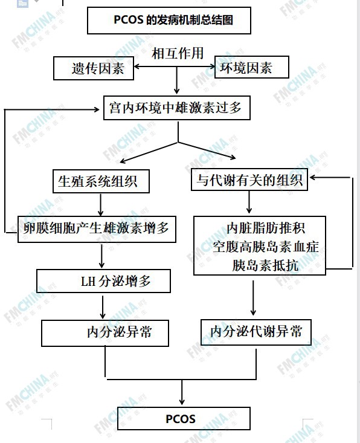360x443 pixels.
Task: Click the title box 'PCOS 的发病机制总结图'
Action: (x=169, y=21)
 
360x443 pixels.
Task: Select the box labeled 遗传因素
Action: (x=94, y=68)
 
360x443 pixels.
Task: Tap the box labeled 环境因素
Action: (x=252, y=67)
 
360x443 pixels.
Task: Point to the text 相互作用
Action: (x=178, y=53)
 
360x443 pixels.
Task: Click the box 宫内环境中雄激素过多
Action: (x=177, y=108)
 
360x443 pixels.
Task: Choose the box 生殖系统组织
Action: (x=101, y=181)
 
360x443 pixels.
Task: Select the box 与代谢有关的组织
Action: (x=249, y=179)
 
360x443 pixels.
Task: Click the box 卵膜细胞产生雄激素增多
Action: (x=97, y=229)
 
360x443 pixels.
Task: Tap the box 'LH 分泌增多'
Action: (x=103, y=281)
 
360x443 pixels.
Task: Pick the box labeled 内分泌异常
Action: (x=105, y=333)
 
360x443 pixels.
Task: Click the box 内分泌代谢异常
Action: (x=256, y=332)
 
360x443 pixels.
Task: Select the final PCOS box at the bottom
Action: (x=184, y=418)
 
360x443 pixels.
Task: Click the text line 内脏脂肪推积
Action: (x=266, y=228)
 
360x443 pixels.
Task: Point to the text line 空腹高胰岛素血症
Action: (x=266, y=247)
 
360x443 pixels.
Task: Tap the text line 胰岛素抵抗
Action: (x=265, y=265)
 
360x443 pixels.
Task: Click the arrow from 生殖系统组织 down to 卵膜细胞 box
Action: (x=100, y=205)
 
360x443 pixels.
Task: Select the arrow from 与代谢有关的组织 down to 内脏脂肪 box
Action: (x=249, y=202)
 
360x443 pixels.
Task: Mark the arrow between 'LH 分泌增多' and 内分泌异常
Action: (x=103, y=308)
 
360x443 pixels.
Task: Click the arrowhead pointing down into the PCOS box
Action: (x=182, y=401)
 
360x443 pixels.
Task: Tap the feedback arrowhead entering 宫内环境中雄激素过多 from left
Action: (x=96, y=109)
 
